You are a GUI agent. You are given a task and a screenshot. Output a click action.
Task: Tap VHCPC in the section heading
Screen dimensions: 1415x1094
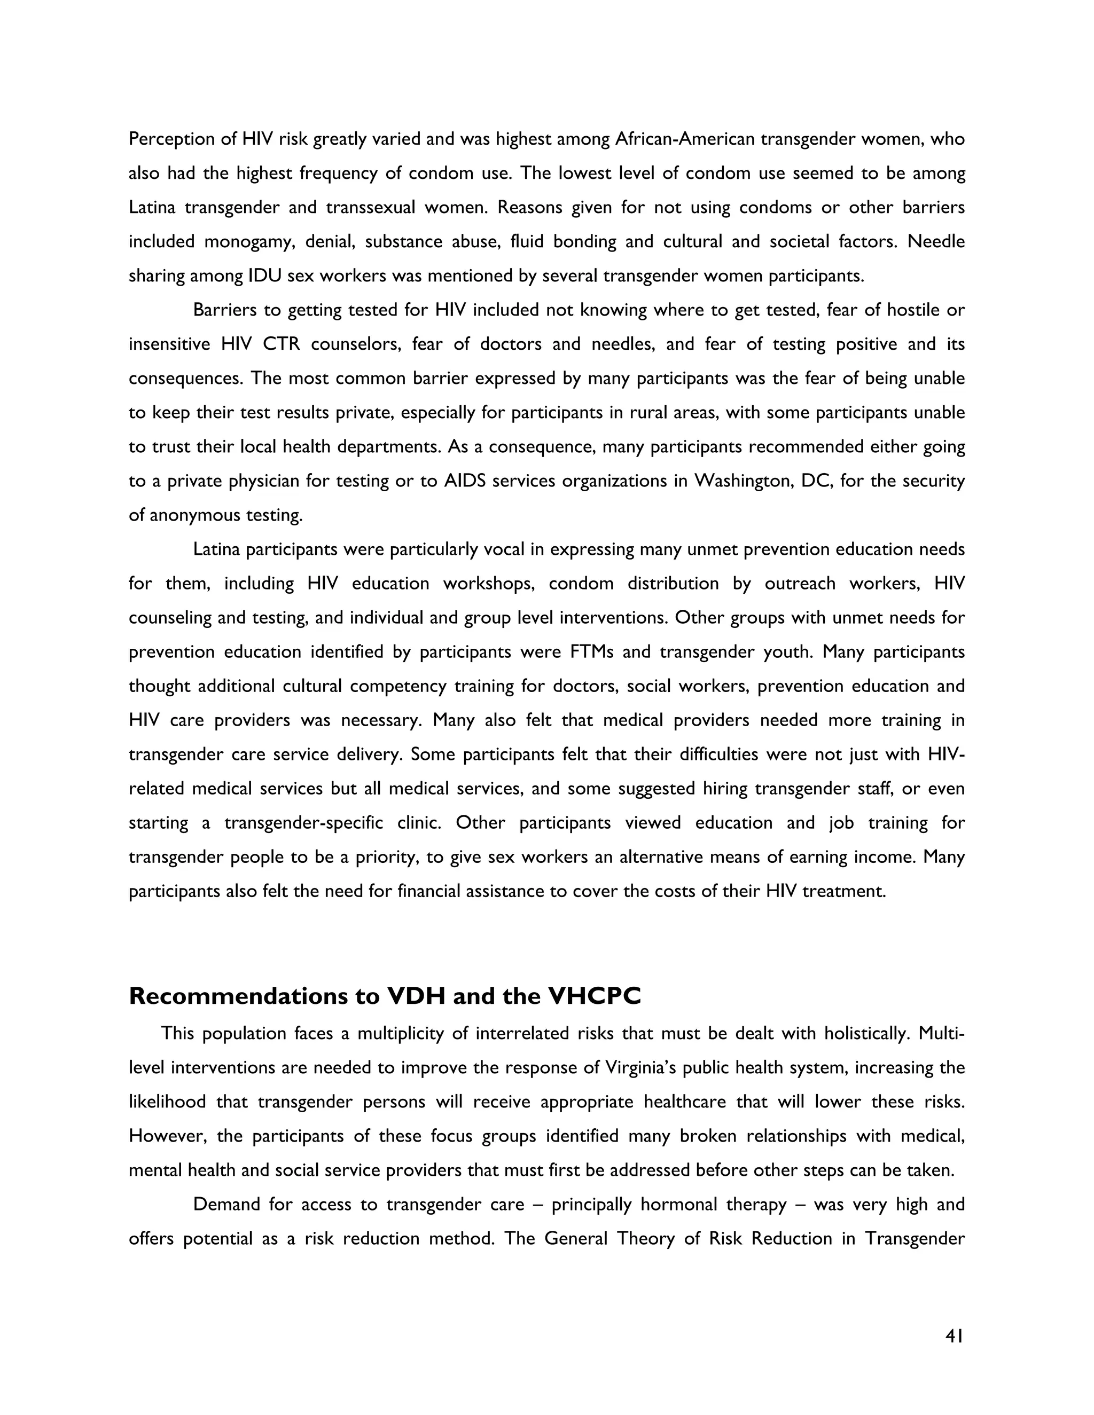(595, 996)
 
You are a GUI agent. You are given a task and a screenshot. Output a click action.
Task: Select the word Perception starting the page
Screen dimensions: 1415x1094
(172, 139)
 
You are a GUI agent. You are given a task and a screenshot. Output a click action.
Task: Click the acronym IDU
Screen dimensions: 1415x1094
(264, 276)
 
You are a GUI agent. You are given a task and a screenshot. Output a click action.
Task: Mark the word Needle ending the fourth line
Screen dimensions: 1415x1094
(936, 242)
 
